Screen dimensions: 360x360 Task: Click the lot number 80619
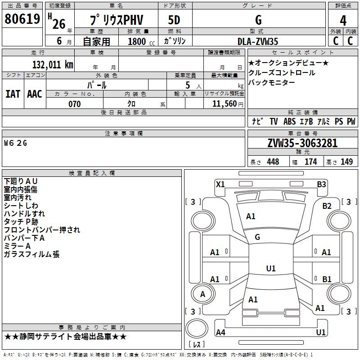[x=22, y=19]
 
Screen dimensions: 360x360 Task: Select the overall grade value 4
[x=343, y=21]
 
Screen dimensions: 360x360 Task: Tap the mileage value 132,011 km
[x=53, y=65]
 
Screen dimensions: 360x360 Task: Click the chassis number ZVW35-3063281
[x=302, y=143]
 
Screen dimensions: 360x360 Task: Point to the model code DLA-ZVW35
[x=257, y=41]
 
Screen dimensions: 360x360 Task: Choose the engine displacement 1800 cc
[x=141, y=41]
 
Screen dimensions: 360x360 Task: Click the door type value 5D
[x=174, y=20]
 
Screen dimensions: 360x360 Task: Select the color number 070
[x=75, y=104]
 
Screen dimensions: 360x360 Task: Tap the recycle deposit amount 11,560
[x=225, y=104]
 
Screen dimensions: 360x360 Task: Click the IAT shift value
[x=13, y=94]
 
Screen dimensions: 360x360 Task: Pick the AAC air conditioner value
[x=35, y=94]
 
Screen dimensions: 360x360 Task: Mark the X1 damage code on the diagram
[x=220, y=184]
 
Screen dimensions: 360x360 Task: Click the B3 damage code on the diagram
[x=321, y=184]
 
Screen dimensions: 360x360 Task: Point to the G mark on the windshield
[x=257, y=237]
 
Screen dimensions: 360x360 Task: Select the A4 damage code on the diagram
[x=220, y=332]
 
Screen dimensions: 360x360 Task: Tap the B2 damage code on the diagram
[x=327, y=206]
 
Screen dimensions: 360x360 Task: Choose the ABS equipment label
[x=289, y=121]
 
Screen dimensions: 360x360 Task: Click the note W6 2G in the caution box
[x=16, y=143]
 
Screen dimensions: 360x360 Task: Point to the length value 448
[x=273, y=162]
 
